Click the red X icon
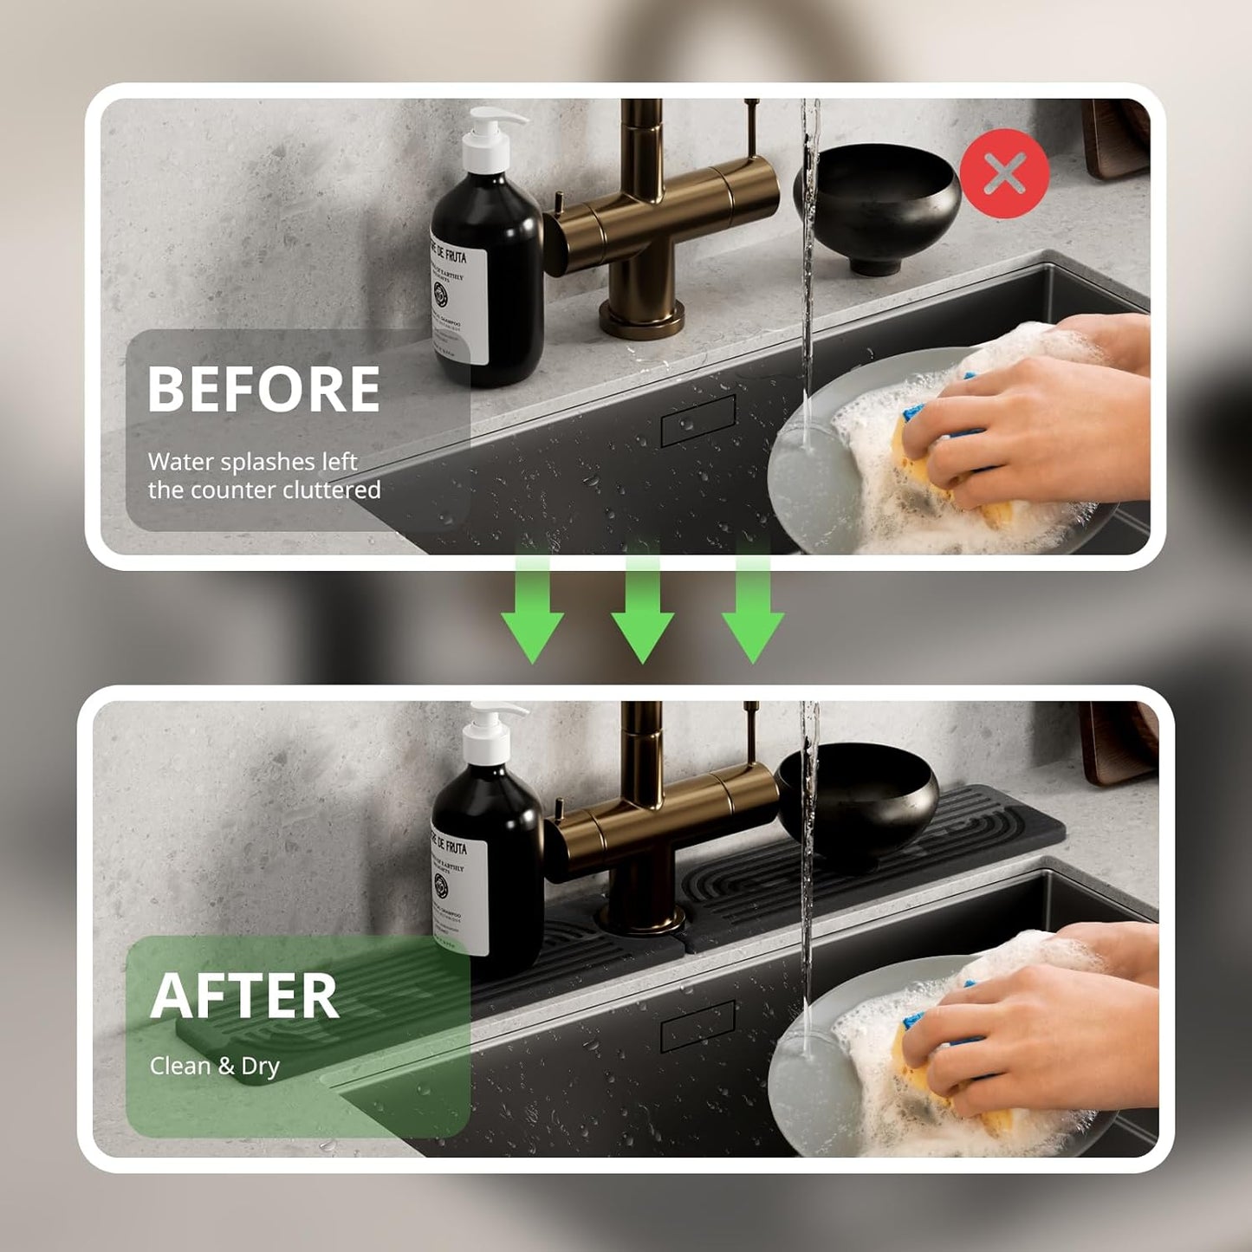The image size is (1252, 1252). point(1004,173)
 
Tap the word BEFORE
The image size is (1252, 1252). point(263,389)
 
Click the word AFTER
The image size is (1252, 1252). point(244,996)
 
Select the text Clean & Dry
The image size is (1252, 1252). point(214,1066)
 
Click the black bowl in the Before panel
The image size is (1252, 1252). point(877,205)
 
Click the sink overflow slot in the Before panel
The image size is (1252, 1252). point(697,420)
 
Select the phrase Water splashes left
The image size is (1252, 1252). point(252,462)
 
